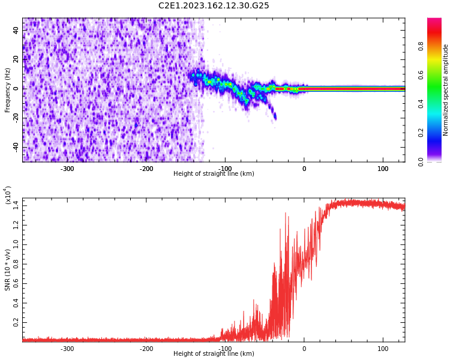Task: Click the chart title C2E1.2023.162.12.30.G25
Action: tap(214, 6)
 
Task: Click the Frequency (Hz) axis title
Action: tap(8, 90)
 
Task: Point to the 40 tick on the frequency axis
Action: tap(16, 29)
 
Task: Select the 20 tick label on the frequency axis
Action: tap(16, 59)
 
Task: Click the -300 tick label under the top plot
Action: tap(67, 169)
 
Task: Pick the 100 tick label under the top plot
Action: tap(383, 169)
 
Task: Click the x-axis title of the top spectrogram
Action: tap(214, 174)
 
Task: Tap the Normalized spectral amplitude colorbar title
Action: tap(446, 90)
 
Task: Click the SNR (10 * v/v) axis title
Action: tap(8, 270)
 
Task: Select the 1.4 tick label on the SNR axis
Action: tap(15, 206)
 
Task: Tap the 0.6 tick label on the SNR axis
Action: tap(15, 283)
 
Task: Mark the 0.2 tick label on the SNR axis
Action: tap(15, 322)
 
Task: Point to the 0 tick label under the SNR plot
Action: tap(304, 349)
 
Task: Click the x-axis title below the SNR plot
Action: tap(214, 354)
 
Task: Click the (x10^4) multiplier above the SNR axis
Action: tap(8, 196)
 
